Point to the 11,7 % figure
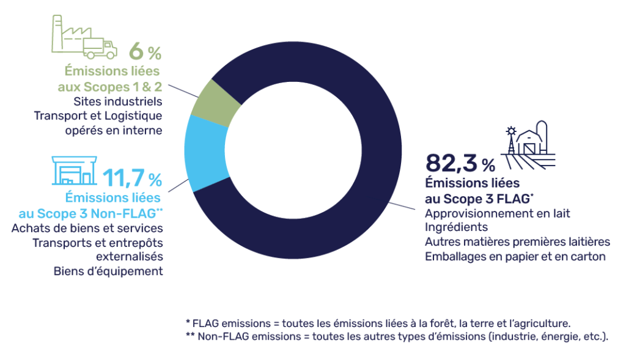[131, 178]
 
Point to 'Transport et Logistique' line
[98, 116]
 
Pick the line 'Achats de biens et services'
[87, 229]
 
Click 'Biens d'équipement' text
[108, 271]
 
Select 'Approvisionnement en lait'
[497, 213]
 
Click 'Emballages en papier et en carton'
[515, 256]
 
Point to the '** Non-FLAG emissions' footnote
[397, 337]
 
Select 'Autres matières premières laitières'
[517, 242]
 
